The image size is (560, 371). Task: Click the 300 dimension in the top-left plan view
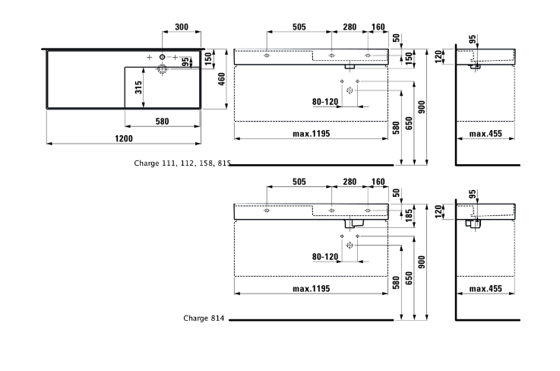pos(182,27)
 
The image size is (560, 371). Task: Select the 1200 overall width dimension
pos(124,138)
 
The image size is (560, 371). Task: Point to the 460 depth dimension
pos(222,79)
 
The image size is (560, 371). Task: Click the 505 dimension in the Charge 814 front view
pos(299,183)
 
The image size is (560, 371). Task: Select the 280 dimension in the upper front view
pos(349,27)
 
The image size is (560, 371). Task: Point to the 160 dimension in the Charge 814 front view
pos(378,183)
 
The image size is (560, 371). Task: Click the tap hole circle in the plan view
pos(163,57)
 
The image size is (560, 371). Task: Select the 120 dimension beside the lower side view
pos(438,211)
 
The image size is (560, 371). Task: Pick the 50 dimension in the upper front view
pos(397,38)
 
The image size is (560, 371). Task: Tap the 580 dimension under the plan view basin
pos(161,121)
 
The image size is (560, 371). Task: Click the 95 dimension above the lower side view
pos(472,194)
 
